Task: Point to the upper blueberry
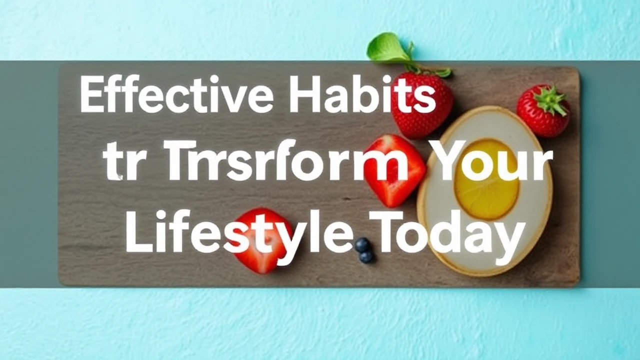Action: (362, 245)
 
